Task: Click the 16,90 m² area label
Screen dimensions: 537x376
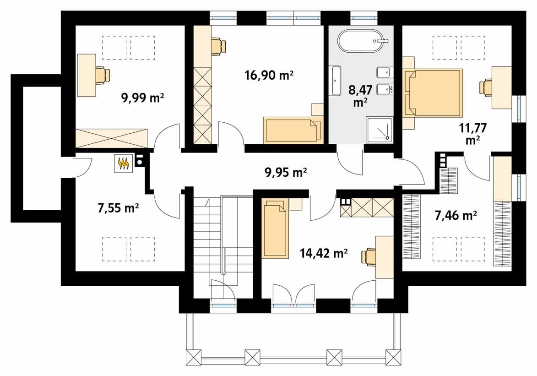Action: coord(269,75)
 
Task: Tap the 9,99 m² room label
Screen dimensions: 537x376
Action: coord(142,98)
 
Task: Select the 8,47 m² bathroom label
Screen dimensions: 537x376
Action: coord(358,96)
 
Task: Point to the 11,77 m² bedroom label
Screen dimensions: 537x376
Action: coord(472,134)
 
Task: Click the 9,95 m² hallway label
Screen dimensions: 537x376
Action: coord(286,173)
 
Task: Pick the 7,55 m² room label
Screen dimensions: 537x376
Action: coord(119,208)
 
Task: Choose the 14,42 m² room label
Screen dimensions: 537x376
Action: coord(324,253)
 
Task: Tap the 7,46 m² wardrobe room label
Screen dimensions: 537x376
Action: coord(456,215)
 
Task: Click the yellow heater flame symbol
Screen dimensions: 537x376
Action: coord(124,163)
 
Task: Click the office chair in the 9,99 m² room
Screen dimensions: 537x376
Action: coord(103,75)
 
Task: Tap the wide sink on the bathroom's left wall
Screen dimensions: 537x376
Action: coord(336,79)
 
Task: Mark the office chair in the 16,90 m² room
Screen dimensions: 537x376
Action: coord(218,46)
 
